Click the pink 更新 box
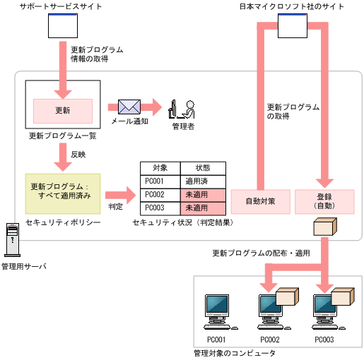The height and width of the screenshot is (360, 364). click(62, 111)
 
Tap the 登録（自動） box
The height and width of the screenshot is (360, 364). click(324, 201)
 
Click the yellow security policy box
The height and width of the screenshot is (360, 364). click(62, 193)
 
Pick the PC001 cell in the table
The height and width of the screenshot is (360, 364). click(155, 181)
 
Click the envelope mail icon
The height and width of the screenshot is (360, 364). click(129, 107)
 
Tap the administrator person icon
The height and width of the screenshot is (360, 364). click(181, 108)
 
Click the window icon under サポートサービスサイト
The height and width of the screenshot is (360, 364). click(62, 26)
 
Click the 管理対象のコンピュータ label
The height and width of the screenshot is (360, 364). click(234, 352)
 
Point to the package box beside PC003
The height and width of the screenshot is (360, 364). click(342, 297)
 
